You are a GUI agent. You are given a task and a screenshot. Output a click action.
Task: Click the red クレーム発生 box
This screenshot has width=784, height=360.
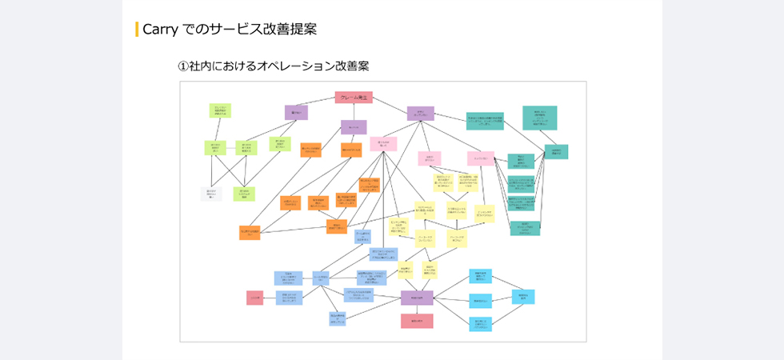(354, 98)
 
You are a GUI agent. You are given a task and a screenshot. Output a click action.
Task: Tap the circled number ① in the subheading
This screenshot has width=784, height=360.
(183, 66)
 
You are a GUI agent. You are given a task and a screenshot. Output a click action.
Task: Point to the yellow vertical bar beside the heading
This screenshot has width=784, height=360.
(137, 30)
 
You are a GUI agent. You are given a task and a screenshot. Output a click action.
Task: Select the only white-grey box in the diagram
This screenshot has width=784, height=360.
(211, 194)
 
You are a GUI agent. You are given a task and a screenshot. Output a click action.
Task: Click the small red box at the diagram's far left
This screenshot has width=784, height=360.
(254, 298)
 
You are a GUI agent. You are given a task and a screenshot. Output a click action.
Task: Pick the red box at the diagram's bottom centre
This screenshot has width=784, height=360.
(417, 321)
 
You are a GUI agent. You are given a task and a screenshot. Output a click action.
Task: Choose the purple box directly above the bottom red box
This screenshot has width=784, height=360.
(417, 298)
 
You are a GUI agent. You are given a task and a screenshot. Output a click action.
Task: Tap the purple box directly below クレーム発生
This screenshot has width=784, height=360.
(354, 126)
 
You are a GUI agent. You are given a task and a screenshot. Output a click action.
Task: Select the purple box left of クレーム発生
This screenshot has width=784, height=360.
(296, 112)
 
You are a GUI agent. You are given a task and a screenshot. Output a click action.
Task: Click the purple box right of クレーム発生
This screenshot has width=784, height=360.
(420, 113)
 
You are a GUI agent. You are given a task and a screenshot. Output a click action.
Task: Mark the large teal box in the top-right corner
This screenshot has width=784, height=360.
(540, 118)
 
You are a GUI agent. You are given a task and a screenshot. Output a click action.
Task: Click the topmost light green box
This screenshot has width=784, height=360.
(221, 110)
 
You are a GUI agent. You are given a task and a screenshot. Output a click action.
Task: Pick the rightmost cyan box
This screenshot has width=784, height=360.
(523, 297)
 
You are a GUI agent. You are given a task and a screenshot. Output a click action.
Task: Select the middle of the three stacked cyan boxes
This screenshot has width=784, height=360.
(480, 301)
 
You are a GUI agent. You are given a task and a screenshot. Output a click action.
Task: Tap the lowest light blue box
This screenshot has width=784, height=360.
(337, 318)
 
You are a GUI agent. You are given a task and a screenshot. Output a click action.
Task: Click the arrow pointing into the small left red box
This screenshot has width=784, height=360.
(269, 298)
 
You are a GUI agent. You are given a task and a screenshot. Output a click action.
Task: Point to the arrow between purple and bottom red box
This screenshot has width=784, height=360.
(417, 309)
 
